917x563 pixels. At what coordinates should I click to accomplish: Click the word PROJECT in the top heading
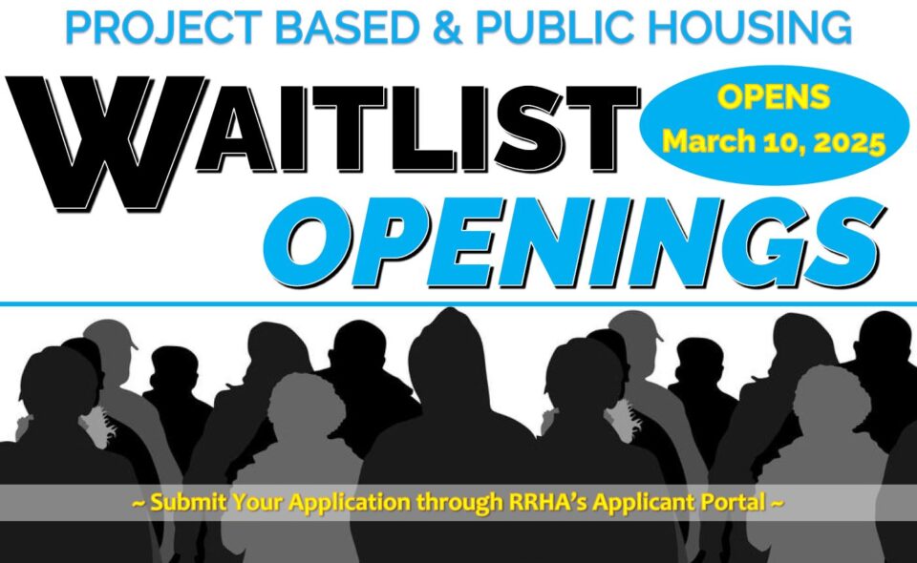[x=164, y=28]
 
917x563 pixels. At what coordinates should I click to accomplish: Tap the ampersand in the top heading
[x=449, y=28]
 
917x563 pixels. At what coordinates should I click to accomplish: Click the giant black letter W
[x=105, y=143]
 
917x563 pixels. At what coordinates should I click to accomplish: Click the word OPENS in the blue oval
[x=774, y=97]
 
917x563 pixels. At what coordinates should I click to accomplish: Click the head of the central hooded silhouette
[x=449, y=356]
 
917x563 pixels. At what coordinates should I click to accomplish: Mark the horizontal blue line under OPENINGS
[x=458, y=303]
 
